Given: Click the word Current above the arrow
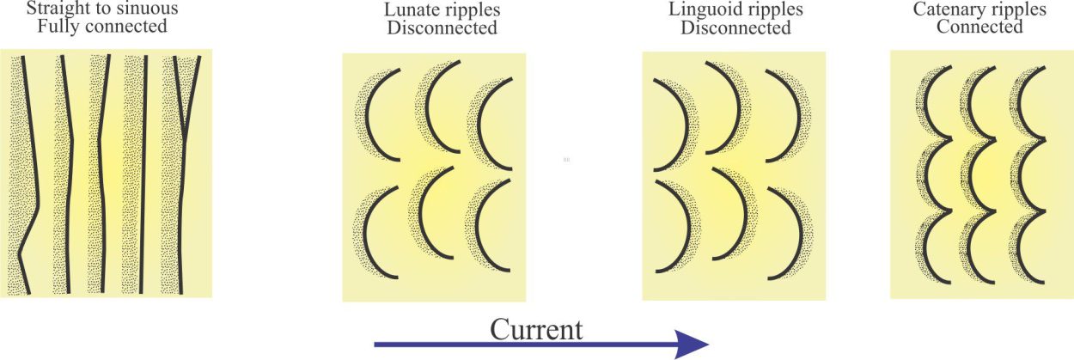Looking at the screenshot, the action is coord(536,330).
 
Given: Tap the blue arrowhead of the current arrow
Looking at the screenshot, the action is coord(692,345).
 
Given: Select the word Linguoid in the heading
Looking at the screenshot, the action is coord(703,10).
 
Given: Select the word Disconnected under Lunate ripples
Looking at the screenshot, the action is coord(442,28).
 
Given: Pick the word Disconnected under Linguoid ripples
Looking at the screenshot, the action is coord(735,28).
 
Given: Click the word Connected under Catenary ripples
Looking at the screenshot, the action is coord(979,27).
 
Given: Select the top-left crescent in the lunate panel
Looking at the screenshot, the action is coord(368,115).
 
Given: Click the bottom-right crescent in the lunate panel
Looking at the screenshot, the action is coord(478,225).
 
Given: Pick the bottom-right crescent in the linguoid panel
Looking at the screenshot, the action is coord(801,233).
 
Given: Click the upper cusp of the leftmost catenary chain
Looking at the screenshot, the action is coord(949,139).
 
